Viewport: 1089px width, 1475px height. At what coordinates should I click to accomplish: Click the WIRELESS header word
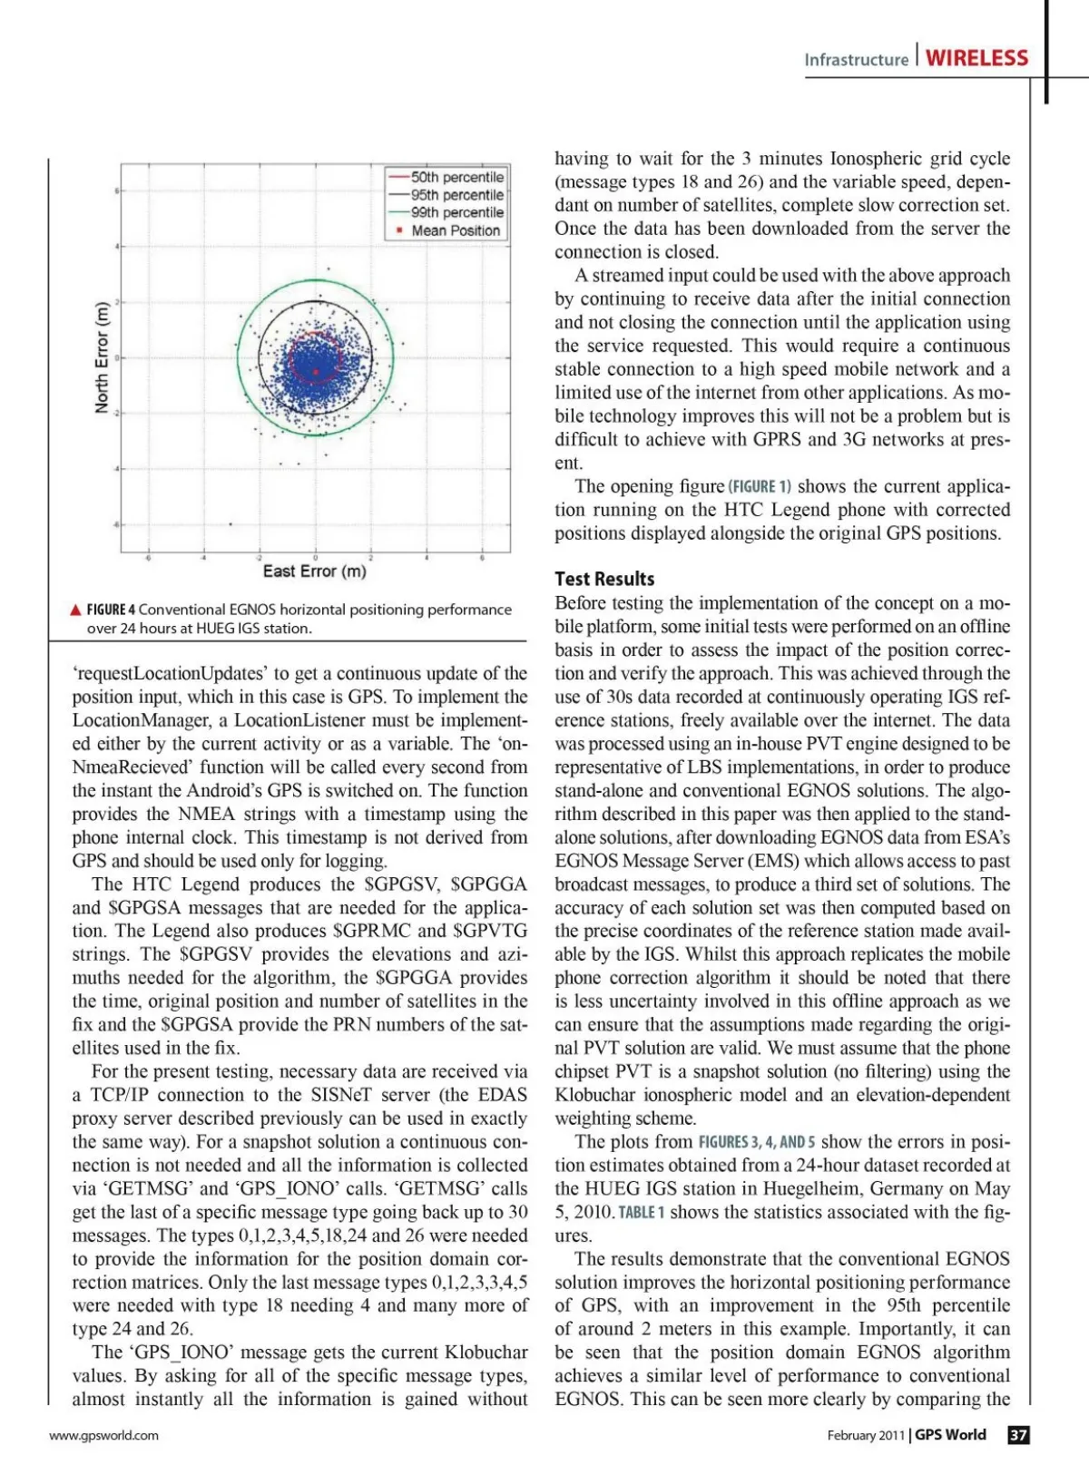[976, 58]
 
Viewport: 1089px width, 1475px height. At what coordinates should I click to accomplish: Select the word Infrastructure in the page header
[856, 60]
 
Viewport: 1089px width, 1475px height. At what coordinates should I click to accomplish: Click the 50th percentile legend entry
[456, 178]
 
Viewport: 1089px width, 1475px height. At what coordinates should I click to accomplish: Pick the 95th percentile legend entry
[456, 195]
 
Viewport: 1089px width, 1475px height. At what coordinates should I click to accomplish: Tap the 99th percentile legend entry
[456, 212]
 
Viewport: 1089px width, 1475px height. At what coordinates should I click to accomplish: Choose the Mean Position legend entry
[455, 230]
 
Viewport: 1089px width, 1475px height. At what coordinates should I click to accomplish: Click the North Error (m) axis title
[102, 357]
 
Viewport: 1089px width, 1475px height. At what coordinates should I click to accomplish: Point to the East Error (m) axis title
[315, 571]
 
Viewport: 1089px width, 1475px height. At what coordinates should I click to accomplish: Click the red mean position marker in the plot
[316, 372]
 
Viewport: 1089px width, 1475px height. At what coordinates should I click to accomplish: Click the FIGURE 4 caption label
[111, 610]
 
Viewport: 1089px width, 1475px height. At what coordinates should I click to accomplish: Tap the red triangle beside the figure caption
[76, 610]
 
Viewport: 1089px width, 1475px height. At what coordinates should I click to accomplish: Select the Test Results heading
[604, 579]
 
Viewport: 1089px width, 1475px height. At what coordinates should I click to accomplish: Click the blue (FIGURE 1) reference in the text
[760, 486]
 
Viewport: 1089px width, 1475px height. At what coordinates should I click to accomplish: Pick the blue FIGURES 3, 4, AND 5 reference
[756, 1142]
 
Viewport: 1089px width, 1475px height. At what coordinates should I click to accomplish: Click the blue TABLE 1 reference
[642, 1213]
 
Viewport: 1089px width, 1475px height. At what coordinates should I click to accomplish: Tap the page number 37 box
[1019, 1434]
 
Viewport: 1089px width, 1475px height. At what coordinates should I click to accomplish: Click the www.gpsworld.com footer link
[103, 1435]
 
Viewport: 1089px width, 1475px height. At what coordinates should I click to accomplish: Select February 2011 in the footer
[866, 1435]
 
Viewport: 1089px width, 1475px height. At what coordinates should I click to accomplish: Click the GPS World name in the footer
[950, 1434]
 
